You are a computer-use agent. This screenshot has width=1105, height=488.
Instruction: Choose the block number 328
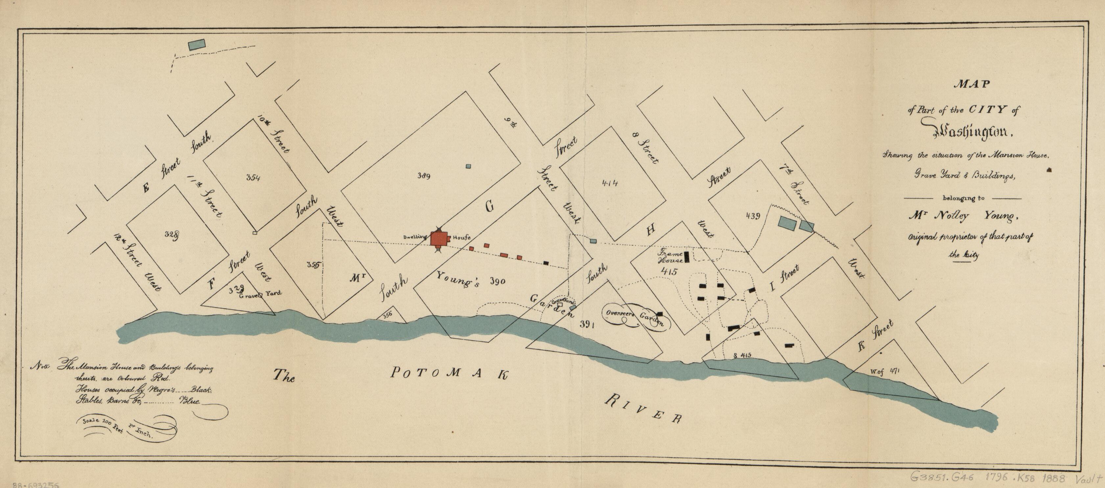coord(172,234)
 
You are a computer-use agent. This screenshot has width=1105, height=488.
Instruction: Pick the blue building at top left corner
coord(197,44)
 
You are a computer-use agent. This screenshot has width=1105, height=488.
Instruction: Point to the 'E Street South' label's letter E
coord(146,188)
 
